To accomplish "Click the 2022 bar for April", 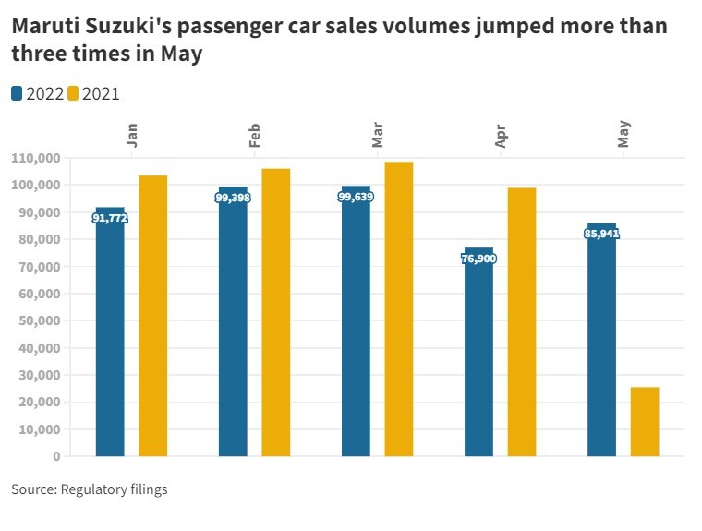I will click(x=478, y=360).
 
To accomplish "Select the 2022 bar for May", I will click(x=601, y=351).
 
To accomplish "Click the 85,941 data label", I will click(x=601, y=234).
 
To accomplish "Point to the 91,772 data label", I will click(x=110, y=218).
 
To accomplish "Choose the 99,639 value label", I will click(x=356, y=197).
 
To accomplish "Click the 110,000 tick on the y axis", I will click(x=36, y=158).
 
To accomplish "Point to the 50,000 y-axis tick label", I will click(x=40, y=320).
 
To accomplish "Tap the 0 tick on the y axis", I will click(x=56, y=456).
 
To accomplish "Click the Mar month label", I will click(x=378, y=135).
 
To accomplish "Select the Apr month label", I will click(x=501, y=136).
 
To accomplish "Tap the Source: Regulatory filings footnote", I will click(x=90, y=489).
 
